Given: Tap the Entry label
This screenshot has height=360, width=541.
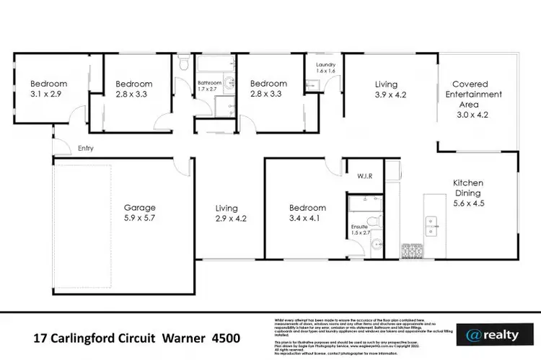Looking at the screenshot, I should tap(86, 149).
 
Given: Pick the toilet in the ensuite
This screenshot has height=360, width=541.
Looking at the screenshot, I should tap(373, 221).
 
